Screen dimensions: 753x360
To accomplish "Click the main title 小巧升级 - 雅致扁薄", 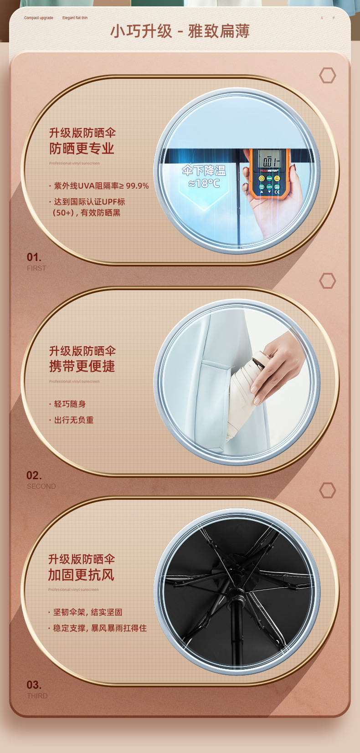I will [180, 31].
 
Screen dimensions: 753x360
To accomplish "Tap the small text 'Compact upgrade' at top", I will [38, 18].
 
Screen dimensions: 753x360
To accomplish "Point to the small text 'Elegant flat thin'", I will [75, 18].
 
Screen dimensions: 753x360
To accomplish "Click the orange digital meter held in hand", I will [269, 173].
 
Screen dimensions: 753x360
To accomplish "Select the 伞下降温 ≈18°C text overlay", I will [204, 177].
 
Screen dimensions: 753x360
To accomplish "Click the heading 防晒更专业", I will [82, 149].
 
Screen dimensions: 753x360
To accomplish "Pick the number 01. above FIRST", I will [34, 257].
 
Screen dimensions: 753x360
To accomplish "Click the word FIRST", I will [36, 268].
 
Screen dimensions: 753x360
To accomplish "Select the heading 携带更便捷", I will [82, 366].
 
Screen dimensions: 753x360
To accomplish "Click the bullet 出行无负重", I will [73, 420].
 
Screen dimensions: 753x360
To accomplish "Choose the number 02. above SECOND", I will [34, 476].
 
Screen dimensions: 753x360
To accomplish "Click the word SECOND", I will [41, 487].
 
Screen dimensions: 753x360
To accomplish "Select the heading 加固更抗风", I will [81, 575].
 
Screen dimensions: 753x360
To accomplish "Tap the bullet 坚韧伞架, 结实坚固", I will [87, 612].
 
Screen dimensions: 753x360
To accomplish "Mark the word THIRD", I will [37, 696].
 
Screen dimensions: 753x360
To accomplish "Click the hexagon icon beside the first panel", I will [327, 75].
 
